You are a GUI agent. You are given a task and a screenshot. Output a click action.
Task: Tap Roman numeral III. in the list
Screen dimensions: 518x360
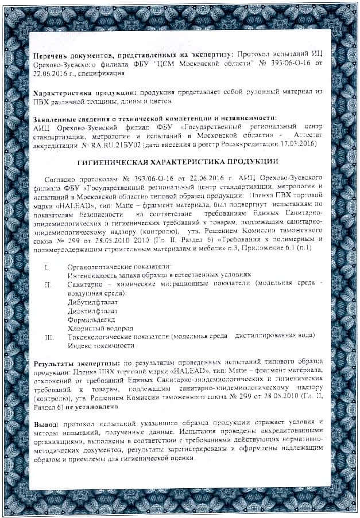tap(49, 337)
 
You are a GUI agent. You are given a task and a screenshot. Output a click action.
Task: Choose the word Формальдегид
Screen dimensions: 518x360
tap(91, 320)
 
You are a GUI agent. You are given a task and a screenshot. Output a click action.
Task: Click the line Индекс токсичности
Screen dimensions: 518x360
tap(101, 345)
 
